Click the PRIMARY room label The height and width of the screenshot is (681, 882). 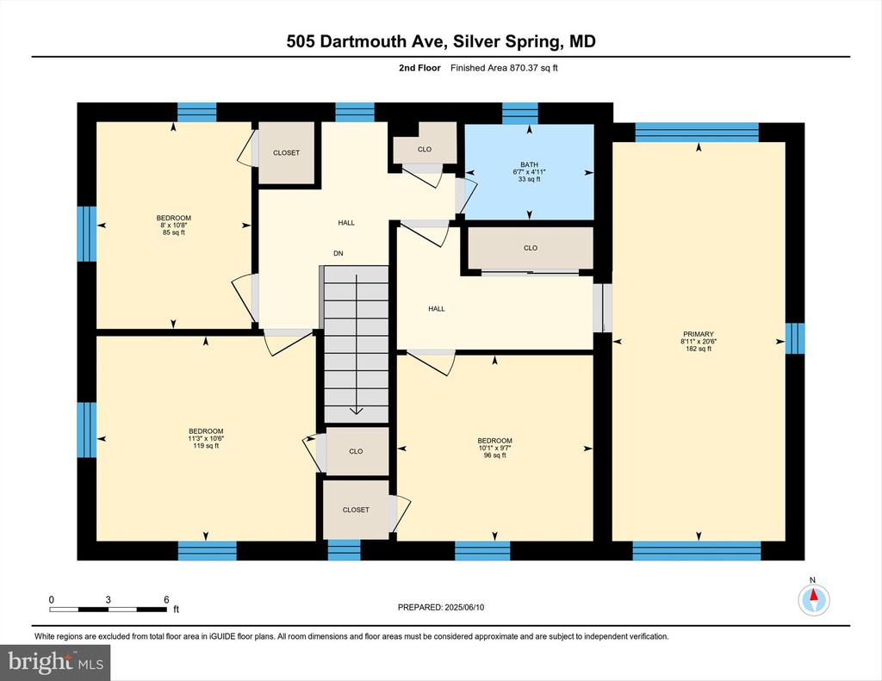point(698,334)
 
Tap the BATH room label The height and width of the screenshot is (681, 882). point(529,164)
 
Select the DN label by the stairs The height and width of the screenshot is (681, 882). point(338,254)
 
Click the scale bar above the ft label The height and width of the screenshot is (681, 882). point(108,609)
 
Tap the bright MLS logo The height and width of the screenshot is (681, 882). point(55,662)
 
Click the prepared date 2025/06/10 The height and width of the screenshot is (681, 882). point(464,607)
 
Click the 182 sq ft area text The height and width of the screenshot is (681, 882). point(698,349)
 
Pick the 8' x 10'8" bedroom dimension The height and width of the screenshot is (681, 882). point(173,226)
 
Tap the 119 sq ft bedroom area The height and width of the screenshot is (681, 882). point(206,446)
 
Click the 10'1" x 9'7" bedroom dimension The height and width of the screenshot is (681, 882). point(495,449)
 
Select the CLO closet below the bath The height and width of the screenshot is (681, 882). point(531,248)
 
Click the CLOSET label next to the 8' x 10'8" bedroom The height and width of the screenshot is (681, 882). point(286,153)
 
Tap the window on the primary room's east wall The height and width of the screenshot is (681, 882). point(795,338)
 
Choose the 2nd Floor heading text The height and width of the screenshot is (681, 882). point(419,68)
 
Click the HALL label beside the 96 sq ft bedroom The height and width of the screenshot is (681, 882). point(437,309)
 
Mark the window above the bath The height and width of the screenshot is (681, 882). point(519,113)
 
